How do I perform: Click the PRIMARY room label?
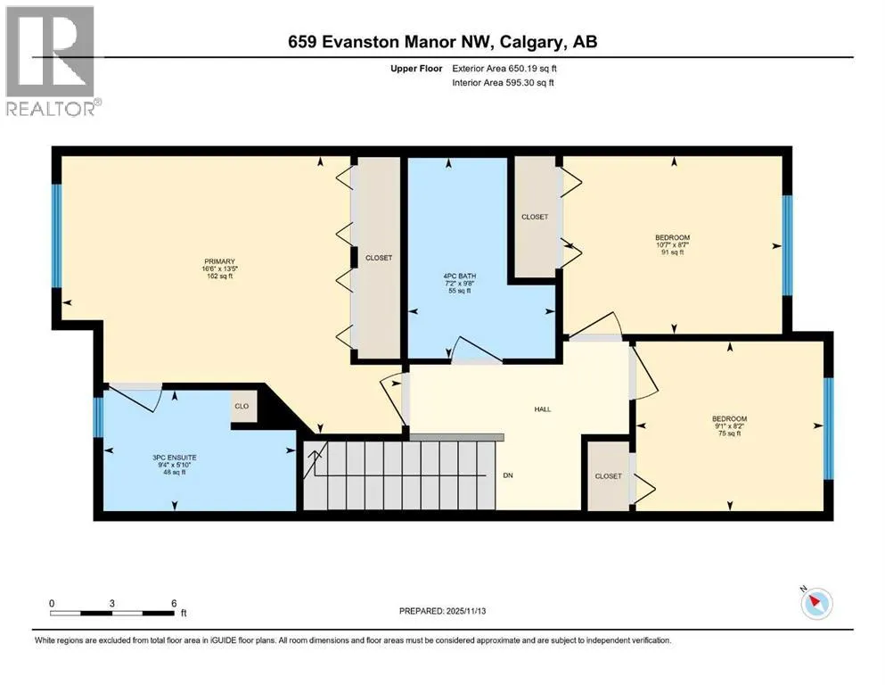(219, 261)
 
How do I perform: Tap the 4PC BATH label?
(459, 276)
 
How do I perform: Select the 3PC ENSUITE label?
(175, 458)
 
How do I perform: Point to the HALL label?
(543, 409)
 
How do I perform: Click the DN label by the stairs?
(508, 475)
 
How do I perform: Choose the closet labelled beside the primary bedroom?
(378, 258)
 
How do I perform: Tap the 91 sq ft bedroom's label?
(672, 238)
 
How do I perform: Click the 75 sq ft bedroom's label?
(729, 419)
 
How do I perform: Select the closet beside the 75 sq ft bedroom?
(609, 476)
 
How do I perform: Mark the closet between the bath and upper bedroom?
(535, 217)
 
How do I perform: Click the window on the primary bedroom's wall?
(56, 236)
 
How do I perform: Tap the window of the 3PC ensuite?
(98, 417)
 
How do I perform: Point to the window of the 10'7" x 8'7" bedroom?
(787, 245)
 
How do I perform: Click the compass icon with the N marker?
(816, 603)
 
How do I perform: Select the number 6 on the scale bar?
(174, 603)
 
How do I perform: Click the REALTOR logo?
(51, 61)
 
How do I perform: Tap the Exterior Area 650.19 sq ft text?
(504, 69)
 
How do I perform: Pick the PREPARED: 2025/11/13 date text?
(442, 611)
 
